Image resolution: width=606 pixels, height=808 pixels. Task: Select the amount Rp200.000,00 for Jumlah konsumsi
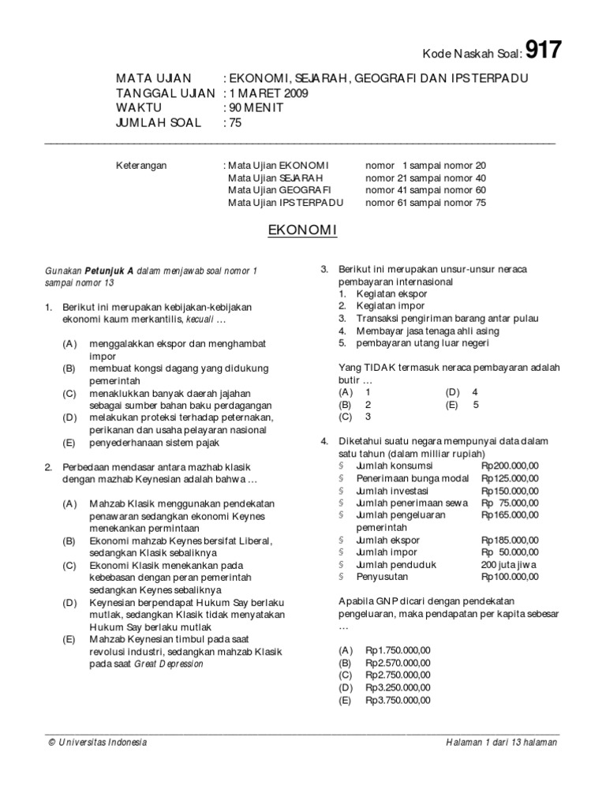click(x=510, y=466)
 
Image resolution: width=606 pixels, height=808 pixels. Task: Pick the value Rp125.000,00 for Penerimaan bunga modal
click(x=510, y=478)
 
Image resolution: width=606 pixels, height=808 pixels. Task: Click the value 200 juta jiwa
click(x=510, y=565)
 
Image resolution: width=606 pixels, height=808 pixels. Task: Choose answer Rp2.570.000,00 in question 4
click(x=398, y=663)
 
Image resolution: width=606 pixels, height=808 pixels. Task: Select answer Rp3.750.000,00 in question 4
click(x=398, y=700)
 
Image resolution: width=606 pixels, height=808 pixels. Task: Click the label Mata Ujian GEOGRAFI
click(x=279, y=190)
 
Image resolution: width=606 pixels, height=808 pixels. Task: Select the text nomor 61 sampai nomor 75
click(x=426, y=203)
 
